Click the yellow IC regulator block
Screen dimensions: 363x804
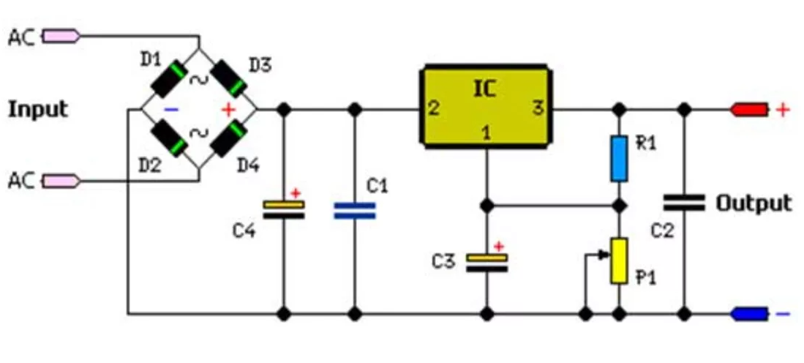click(485, 106)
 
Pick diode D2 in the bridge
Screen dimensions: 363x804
click(168, 139)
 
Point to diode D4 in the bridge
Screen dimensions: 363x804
click(228, 139)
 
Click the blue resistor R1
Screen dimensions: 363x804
click(619, 158)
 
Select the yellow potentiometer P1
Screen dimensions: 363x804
click(619, 261)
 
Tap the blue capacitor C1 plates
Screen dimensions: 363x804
click(354, 211)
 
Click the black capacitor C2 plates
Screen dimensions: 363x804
click(684, 202)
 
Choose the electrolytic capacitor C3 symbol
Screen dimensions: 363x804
click(486, 263)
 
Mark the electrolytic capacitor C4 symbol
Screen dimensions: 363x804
click(283, 210)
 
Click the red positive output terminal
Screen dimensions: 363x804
click(750, 110)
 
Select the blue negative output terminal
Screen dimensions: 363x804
click(750, 314)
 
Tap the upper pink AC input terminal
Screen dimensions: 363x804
click(62, 35)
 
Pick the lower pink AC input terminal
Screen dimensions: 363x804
click(62, 179)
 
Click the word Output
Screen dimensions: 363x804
click(753, 203)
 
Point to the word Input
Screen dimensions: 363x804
click(37, 110)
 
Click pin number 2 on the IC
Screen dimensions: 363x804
click(433, 109)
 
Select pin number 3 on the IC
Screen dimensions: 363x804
click(538, 109)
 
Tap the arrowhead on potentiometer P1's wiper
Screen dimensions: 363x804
click(604, 255)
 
